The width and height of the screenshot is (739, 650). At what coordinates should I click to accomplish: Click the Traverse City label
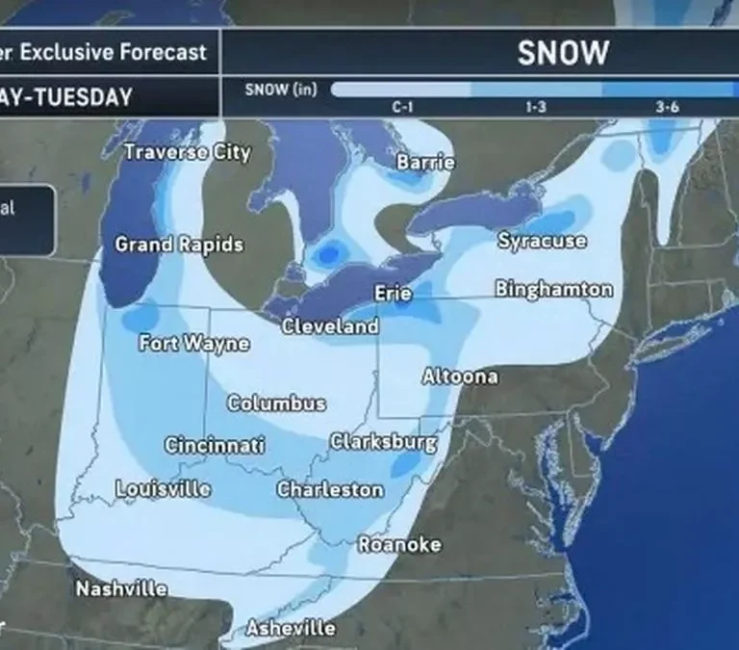[x=187, y=152]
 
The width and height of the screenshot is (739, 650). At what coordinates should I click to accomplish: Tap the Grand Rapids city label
[x=179, y=245]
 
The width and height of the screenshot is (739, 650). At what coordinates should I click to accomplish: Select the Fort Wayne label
[x=193, y=343]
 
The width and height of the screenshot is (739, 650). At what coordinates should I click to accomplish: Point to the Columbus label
[x=276, y=403]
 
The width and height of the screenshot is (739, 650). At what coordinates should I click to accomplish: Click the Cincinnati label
[x=215, y=446]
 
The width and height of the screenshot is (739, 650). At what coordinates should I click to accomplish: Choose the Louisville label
[x=163, y=488]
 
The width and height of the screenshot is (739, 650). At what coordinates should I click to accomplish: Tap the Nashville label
[x=121, y=588]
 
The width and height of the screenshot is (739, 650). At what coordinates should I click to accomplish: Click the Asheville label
[x=291, y=628]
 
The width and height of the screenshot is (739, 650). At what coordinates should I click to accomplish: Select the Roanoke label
[x=399, y=544]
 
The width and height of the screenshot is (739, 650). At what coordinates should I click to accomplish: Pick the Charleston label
[x=330, y=489]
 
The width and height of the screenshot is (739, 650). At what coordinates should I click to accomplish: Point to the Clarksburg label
[x=383, y=442]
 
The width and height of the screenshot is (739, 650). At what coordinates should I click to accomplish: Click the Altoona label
[x=460, y=377]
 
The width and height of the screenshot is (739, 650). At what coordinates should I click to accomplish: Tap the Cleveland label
[x=330, y=326]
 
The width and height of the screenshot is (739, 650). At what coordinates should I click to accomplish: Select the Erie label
[x=393, y=293]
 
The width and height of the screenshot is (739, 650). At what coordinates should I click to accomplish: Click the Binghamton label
[x=553, y=289]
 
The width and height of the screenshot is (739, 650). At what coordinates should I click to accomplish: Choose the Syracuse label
[x=542, y=241]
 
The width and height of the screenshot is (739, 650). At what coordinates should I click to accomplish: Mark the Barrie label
[x=425, y=162]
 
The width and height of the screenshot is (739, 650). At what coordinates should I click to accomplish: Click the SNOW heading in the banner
[x=563, y=53]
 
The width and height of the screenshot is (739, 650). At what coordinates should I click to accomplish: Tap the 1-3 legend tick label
[x=536, y=107]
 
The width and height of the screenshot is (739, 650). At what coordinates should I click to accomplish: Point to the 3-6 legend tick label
[x=667, y=107]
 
